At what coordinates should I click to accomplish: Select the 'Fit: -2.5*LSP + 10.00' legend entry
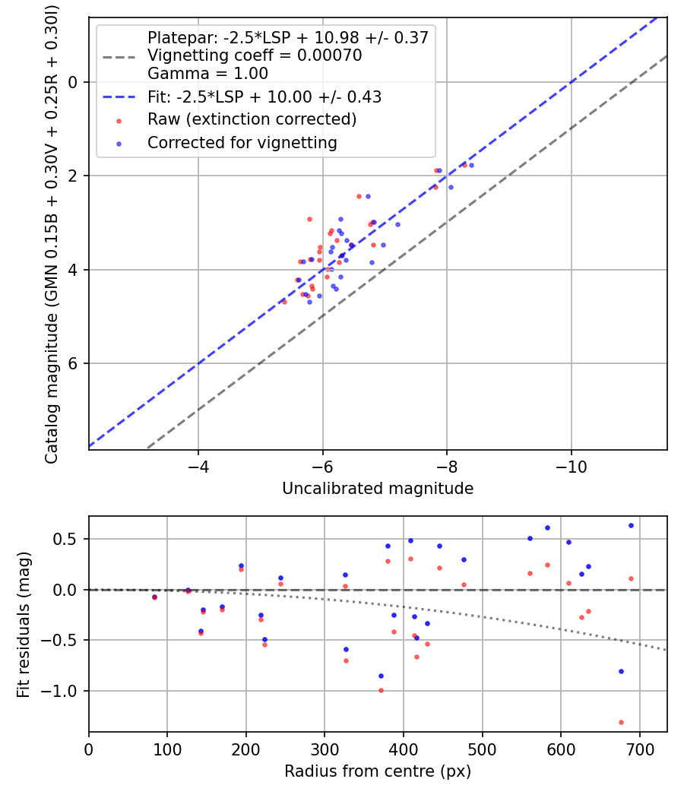tap(264, 97)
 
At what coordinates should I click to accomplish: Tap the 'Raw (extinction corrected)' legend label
tap(252, 119)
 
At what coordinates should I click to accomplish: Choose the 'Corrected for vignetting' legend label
tap(242, 142)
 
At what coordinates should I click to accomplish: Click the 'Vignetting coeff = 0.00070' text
tap(255, 55)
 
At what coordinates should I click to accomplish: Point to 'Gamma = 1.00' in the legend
tap(207, 74)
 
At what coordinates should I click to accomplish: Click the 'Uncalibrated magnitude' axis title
tap(378, 489)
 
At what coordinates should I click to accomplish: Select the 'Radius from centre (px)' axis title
tap(378, 771)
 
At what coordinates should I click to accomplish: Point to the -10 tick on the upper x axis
tap(571, 466)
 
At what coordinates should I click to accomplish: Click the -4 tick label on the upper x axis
tap(198, 466)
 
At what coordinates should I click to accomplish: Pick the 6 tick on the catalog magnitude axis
tap(73, 363)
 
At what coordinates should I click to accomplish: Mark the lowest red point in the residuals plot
tap(621, 722)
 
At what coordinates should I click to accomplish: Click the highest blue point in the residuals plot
tap(631, 525)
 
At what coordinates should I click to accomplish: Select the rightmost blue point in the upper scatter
tap(471, 165)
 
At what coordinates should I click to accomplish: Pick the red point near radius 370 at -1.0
tap(381, 690)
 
